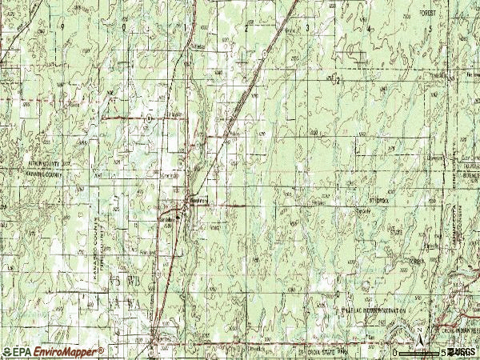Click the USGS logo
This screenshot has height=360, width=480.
point(462,351)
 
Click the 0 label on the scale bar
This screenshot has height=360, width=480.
point(394,352)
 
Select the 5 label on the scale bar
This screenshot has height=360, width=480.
point(442,352)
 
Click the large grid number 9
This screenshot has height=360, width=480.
point(60,26)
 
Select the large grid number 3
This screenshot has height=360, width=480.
point(309,27)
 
